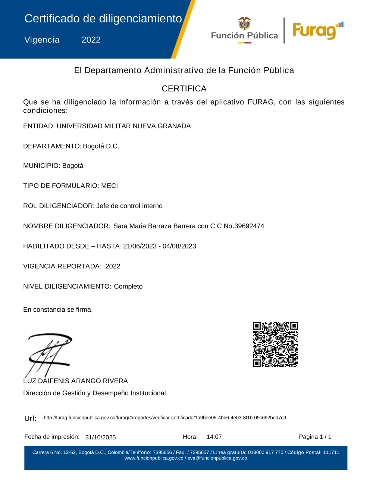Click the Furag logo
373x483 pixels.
click(x=317, y=31)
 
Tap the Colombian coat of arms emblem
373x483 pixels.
click(x=245, y=24)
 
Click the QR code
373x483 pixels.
click(x=275, y=345)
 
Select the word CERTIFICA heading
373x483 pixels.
click(x=184, y=88)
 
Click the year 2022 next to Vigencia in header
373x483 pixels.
click(x=91, y=40)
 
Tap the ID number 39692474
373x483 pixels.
click(x=249, y=226)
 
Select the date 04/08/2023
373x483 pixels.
click(x=179, y=246)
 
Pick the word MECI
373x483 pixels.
click(x=109, y=186)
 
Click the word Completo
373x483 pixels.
click(x=128, y=287)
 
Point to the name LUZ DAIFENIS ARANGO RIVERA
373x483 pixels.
click(x=75, y=381)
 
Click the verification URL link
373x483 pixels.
click(x=165, y=418)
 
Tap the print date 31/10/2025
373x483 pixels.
click(x=100, y=437)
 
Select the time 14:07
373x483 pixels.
click(x=214, y=437)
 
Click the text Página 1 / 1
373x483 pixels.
click(x=315, y=437)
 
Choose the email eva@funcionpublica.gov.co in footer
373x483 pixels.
click(x=217, y=458)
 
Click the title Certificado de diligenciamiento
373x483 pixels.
click(x=103, y=19)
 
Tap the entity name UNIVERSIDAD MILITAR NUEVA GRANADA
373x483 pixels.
click(x=123, y=126)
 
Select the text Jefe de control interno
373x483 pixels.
click(x=129, y=206)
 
